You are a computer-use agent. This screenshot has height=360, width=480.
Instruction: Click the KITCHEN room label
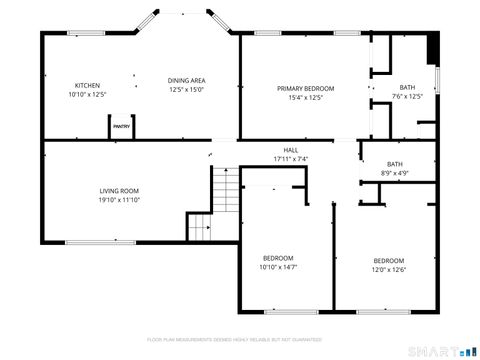click(87, 86)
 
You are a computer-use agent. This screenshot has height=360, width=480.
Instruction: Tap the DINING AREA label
click(186, 80)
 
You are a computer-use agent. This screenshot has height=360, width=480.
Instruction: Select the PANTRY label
click(121, 127)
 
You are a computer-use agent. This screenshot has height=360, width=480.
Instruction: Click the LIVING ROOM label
click(118, 191)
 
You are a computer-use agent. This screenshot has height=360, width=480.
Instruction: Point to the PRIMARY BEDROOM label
click(305, 88)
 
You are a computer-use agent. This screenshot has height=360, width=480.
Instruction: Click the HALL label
click(290, 150)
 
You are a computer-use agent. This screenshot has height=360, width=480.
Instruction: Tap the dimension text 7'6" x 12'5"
click(407, 97)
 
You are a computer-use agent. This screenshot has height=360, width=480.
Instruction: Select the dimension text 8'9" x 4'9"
click(395, 173)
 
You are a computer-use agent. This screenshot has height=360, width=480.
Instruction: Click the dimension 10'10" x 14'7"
click(278, 267)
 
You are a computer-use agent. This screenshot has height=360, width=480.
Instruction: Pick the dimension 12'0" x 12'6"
click(389, 269)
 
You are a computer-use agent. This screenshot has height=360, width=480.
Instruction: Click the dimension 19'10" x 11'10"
click(118, 200)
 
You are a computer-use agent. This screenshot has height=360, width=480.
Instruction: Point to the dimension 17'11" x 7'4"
click(290, 159)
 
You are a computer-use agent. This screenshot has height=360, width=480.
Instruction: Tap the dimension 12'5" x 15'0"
click(186, 89)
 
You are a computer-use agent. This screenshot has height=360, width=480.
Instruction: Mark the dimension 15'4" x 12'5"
click(305, 97)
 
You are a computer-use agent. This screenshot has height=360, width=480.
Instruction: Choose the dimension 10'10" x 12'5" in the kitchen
click(87, 95)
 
